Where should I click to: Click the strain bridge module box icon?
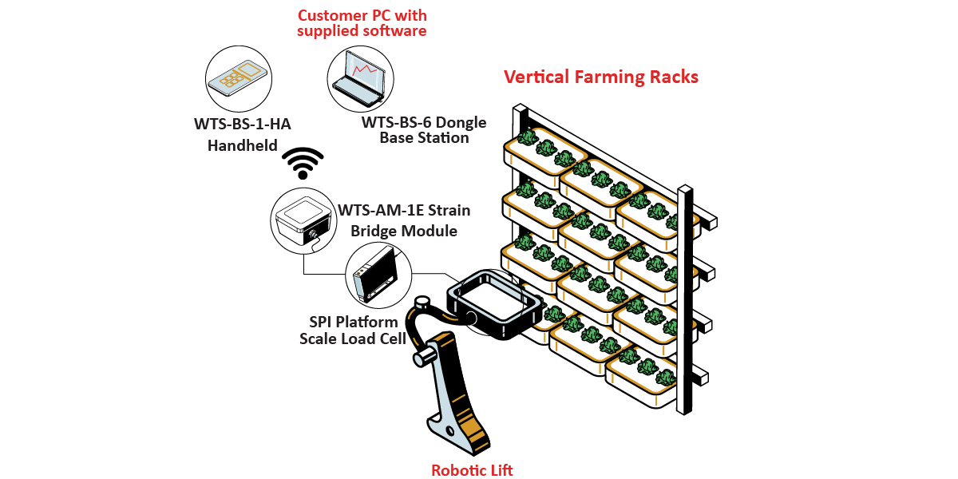(301, 219)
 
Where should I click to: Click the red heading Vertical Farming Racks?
(600, 77)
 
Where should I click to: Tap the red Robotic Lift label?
(472, 470)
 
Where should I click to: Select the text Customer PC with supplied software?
(362, 23)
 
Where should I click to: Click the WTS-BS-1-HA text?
(236, 125)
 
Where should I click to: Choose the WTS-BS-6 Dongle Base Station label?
(424, 130)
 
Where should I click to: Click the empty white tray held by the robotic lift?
(489, 303)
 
